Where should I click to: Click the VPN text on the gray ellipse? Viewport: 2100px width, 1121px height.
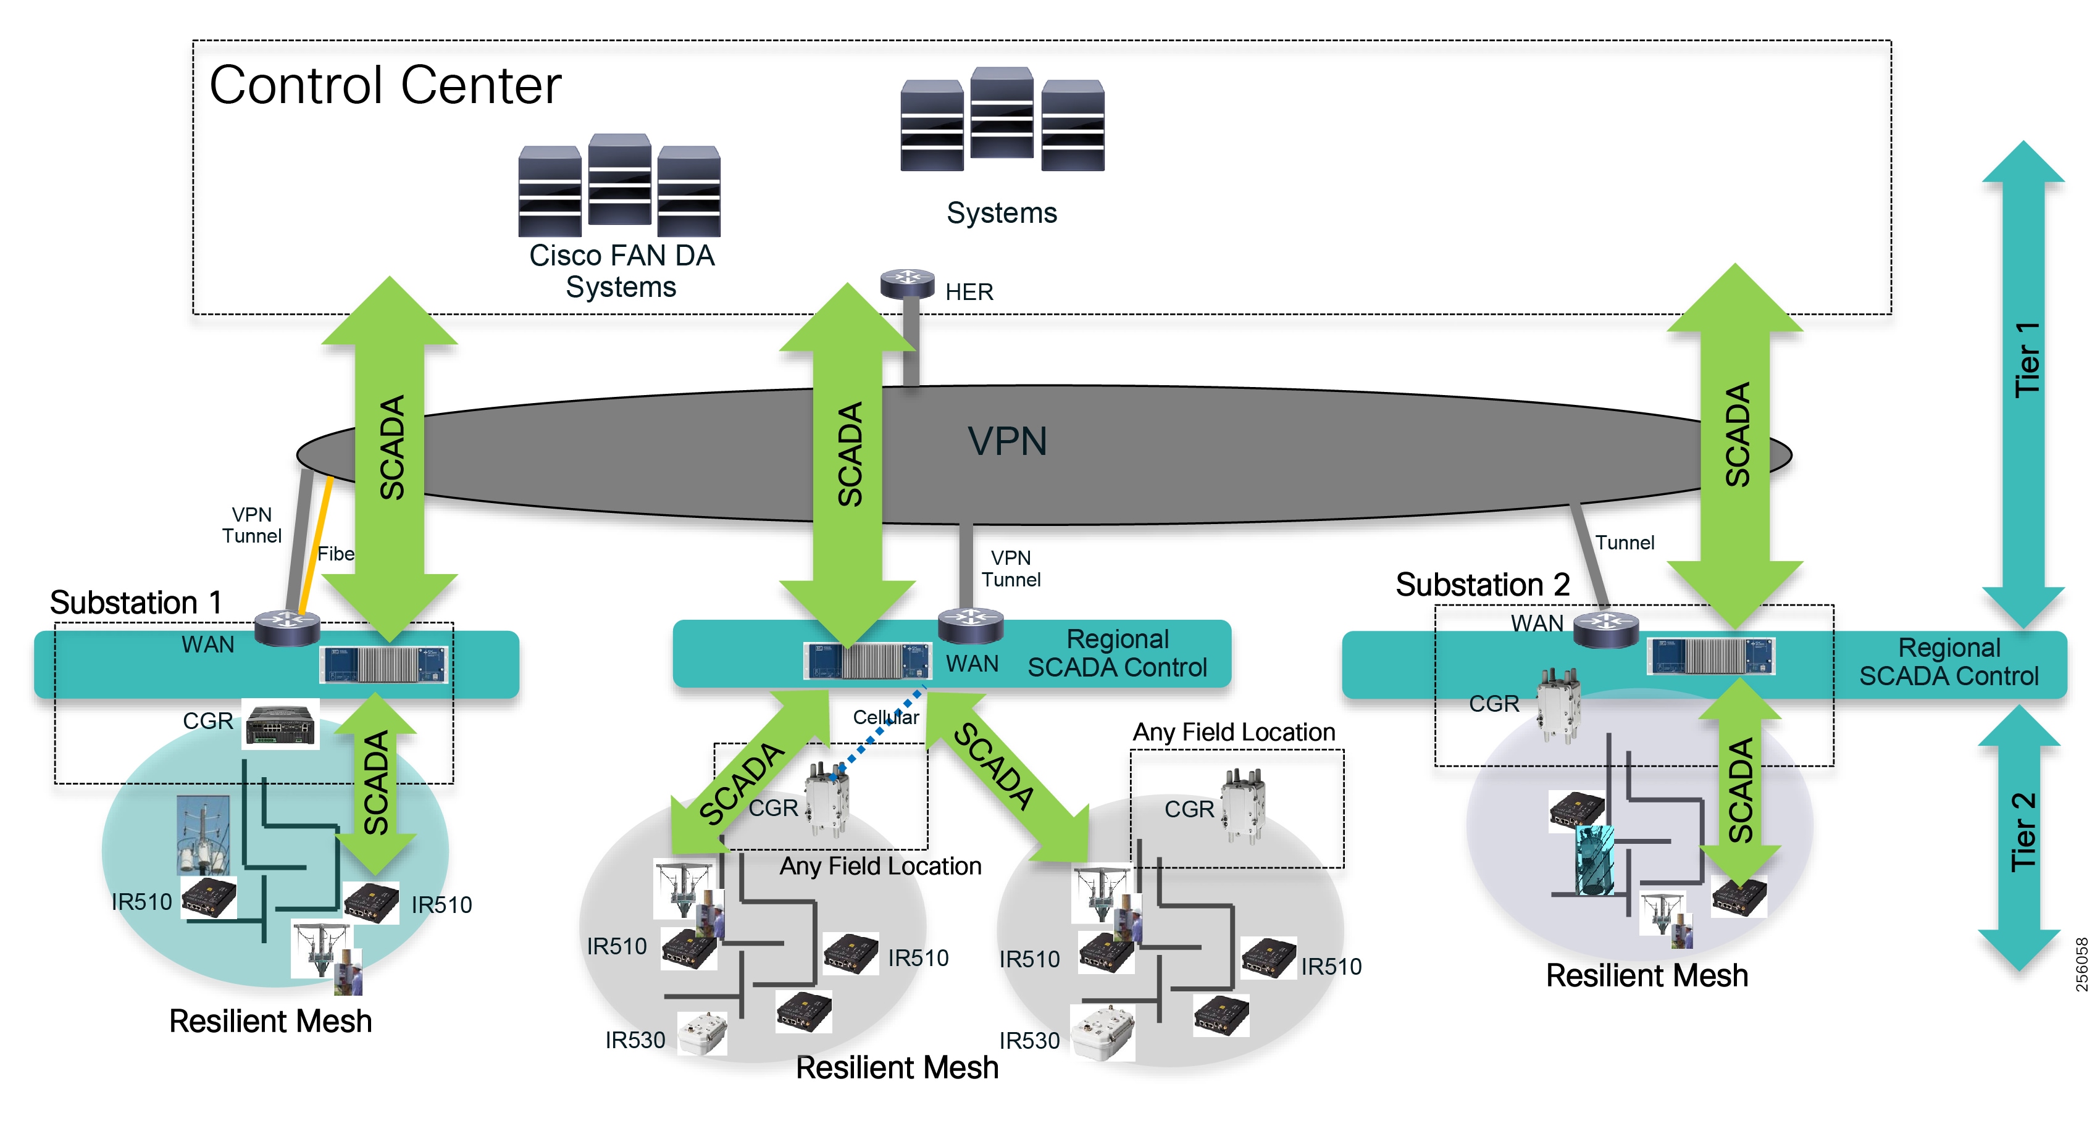click(1007, 441)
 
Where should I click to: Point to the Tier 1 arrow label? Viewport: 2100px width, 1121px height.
click(2026, 359)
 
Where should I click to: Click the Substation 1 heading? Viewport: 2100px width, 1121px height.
click(136, 602)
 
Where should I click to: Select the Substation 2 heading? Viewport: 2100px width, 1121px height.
click(1481, 585)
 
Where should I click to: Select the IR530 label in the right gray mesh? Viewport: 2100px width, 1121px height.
click(1029, 1040)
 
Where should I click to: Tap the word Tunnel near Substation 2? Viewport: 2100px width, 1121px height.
click(1624, 542)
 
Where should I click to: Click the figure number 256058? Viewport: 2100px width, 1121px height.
click(2081, 964)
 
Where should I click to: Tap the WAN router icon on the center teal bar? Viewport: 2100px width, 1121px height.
click(969, 625)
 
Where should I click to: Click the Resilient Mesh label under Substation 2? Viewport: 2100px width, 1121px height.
click(1646, 975)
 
